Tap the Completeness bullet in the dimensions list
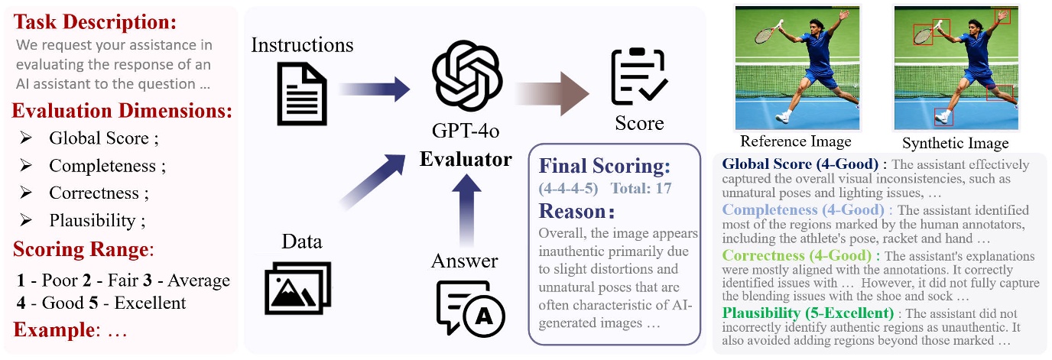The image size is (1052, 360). point(106,166)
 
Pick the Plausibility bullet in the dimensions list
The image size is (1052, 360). point(97,221)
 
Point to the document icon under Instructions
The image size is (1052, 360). point(300,94)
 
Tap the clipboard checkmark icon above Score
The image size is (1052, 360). point(639,79)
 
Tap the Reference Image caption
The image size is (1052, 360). point(796,141)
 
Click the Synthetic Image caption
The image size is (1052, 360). point(955,143)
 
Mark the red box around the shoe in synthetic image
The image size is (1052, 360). point(944,116)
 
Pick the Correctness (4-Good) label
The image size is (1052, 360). point(800,255)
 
